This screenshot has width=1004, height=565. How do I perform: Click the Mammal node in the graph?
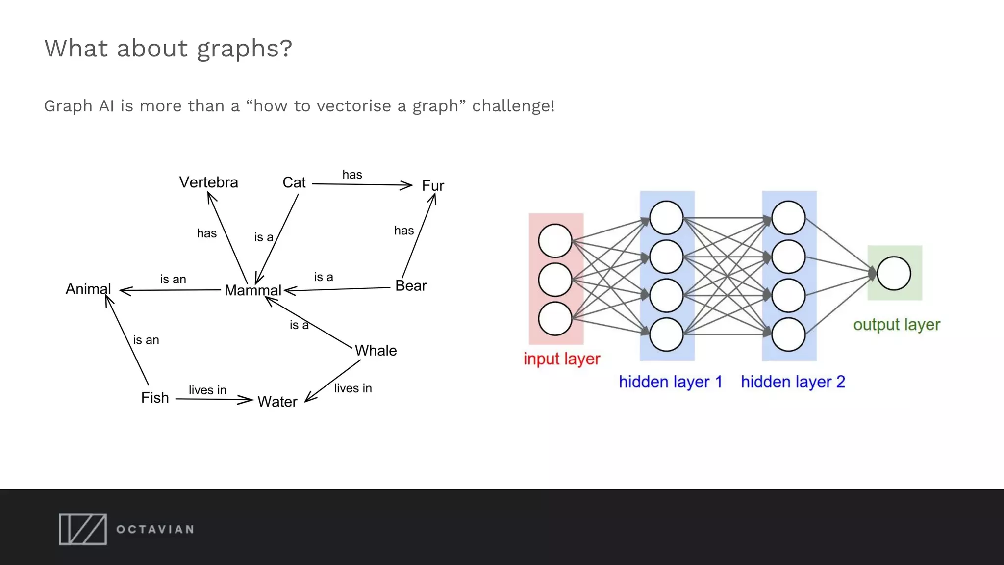[253, 290]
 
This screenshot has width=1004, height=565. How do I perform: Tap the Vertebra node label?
[208, 182]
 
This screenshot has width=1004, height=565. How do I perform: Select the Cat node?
[294, 182]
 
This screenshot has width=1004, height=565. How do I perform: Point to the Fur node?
[433, 186]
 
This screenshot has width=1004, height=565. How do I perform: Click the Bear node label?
[411, 286]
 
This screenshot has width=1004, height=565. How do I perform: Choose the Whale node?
[376, 351]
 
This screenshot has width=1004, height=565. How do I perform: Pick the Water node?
[277, 402]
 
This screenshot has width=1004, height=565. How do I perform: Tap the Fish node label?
[155, 398]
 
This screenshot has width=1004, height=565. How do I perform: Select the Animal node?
[88, 289]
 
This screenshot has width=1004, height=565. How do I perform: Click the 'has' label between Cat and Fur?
[352, 175]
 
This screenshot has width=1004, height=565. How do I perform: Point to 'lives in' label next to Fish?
[207, 390]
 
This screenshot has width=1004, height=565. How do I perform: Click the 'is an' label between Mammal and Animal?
[173, 279]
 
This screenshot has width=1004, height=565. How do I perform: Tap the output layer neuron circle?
[894, 273]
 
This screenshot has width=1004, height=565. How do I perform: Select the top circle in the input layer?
[555, 241]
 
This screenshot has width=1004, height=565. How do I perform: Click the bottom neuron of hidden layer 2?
[788, 334]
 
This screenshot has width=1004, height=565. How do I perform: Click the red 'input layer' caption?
[562, 359]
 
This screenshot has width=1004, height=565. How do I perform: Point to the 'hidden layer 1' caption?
[670, 382]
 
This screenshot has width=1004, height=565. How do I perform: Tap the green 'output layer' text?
[897, 325]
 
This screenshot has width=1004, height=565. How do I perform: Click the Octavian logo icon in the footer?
[83, 529]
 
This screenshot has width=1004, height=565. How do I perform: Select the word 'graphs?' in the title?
[244, 49]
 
